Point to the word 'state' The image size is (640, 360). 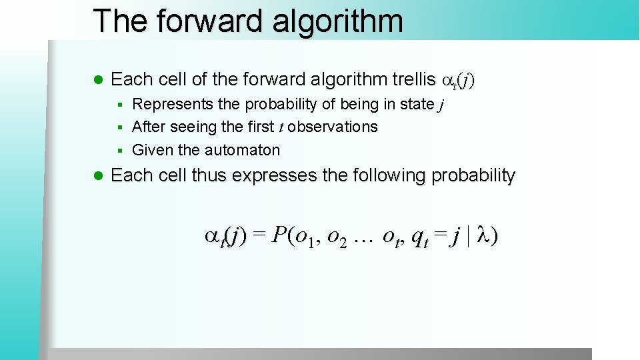coord(418,104)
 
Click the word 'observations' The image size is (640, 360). coord(335,127)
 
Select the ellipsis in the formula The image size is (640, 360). coord(364,236)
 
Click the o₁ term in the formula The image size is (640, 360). coord(303,237)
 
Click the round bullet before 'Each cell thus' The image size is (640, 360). coord(98,176)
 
